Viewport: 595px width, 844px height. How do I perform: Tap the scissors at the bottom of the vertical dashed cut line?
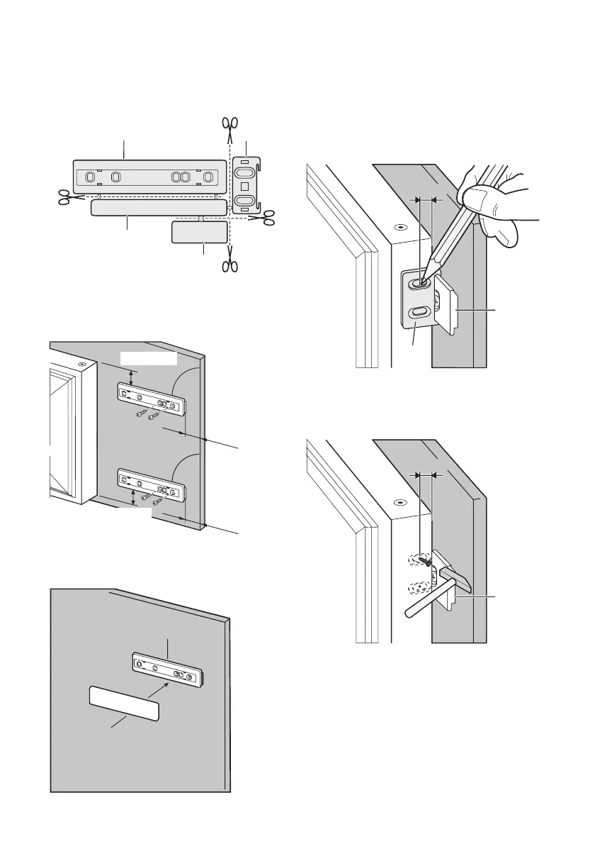(229, 265)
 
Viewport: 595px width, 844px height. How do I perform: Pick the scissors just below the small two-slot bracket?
(266, 218)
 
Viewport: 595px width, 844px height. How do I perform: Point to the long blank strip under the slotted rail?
(159, 207)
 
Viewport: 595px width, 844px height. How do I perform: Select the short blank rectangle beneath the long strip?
(200, 232)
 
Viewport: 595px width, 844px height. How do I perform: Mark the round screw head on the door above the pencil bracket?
(400, 228)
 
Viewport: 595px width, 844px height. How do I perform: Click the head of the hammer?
(456, 574)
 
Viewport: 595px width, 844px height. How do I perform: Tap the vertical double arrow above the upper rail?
(132, 374)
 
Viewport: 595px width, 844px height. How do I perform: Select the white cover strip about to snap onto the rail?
(123, 703)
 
